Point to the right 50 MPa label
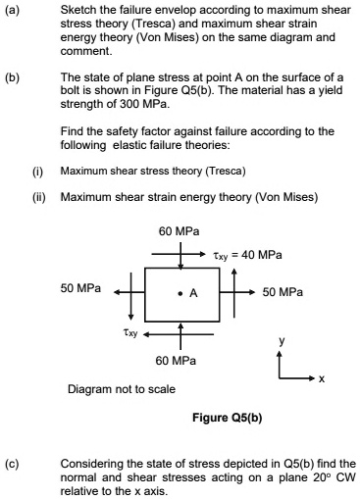tap(283, 292)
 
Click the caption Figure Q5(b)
tap(228, 419)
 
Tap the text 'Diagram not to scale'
tap(121, 389)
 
